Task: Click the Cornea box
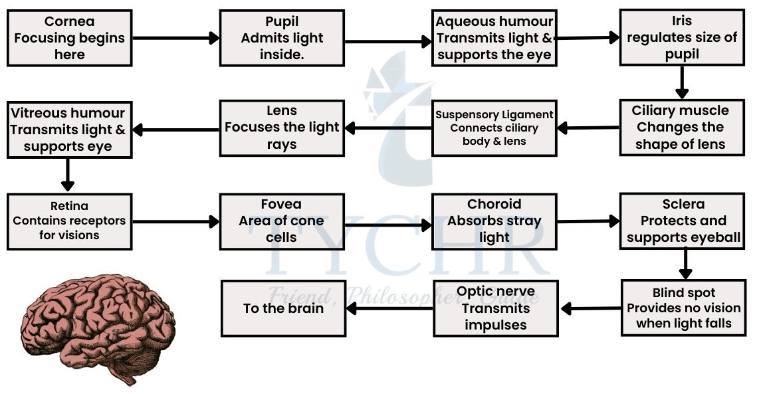tap(69, 38)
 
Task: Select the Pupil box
tap(282, 38)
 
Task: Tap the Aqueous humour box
tap(494, 38)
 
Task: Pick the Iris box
tap(682, 38)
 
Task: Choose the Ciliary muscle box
tap(682, 128)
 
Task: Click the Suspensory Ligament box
tap(494, 128)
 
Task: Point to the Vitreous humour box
tap(68, 129)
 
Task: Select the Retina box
tap(69, 221)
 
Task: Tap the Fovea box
tap(282, 221)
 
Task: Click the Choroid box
tap(494, 221)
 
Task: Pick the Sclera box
tap(682, 221)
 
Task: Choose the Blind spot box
tap(683, 308)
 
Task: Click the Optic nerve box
tap(495, 308)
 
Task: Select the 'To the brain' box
tap(284, 308)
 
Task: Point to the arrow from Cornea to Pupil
tap(176, 38)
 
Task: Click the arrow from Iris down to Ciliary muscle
tap(681, 82)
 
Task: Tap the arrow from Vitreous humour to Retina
tap(67, 175)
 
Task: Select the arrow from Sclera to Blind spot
tap(685, 264)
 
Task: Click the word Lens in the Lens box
tap(282, 111)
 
